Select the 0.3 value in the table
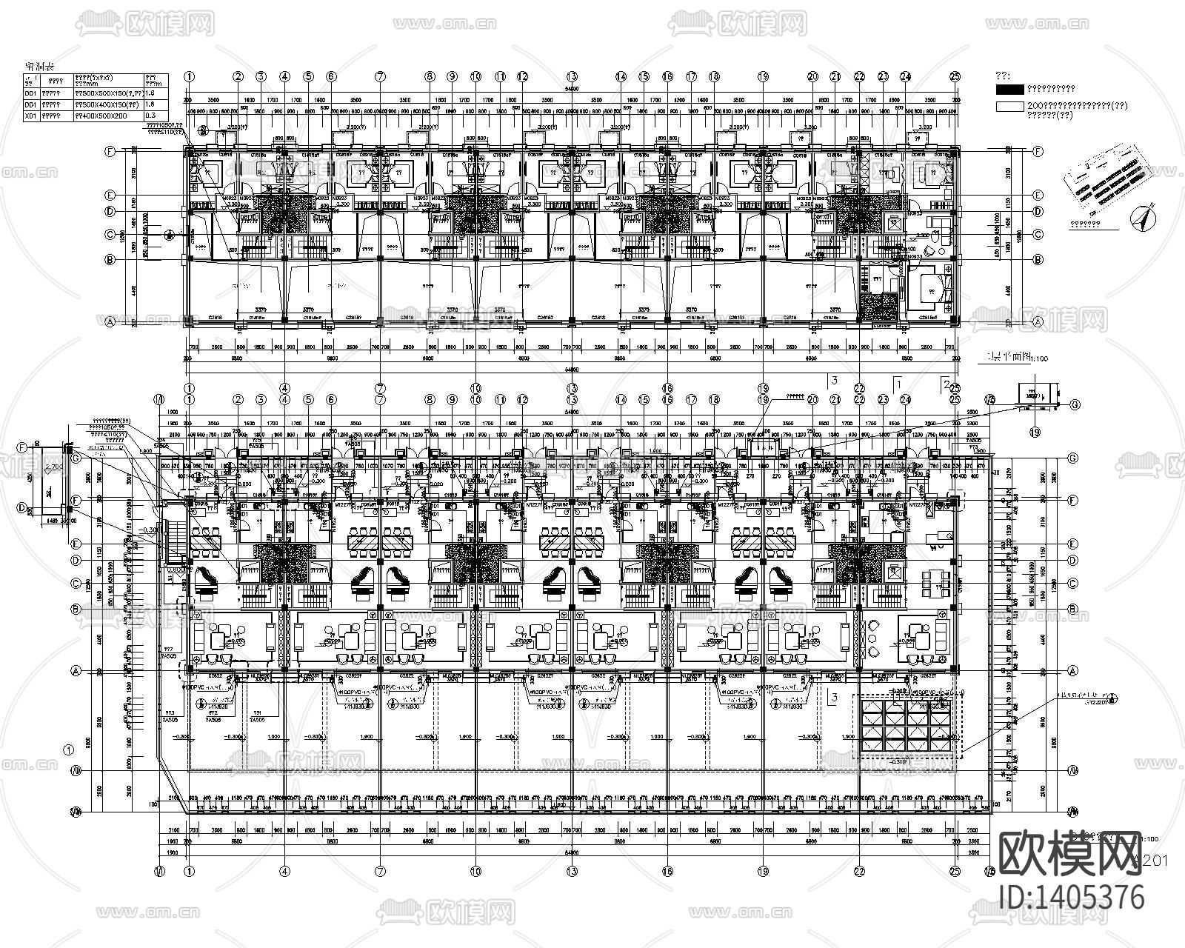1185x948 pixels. point(151,116)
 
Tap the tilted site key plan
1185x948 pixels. point(1107,178)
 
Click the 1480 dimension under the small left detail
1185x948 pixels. point(51,521)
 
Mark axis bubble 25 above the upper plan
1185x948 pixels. point(955,76)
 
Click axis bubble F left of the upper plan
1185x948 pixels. point(110,151)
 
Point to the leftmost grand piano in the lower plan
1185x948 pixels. point(204,578)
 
